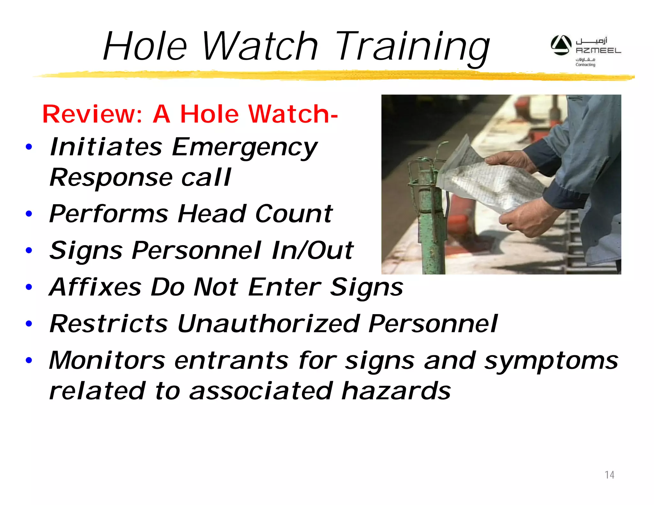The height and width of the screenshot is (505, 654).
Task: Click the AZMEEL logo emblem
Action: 561,45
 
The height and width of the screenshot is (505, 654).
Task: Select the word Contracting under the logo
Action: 585,65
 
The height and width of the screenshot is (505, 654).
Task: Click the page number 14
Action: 609,475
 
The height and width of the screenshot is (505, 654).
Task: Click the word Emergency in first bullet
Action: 244,147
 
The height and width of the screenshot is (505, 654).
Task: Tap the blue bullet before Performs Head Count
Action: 29,214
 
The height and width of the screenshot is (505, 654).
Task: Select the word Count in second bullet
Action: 294,214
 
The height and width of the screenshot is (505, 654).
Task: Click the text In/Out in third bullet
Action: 312,250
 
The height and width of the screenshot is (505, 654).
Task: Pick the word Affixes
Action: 95,287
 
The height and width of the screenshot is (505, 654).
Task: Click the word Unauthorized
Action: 268,323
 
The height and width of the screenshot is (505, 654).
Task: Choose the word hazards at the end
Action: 396,391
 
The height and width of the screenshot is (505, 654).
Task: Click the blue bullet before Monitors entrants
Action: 29,360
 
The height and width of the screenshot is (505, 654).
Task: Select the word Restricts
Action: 109,323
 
